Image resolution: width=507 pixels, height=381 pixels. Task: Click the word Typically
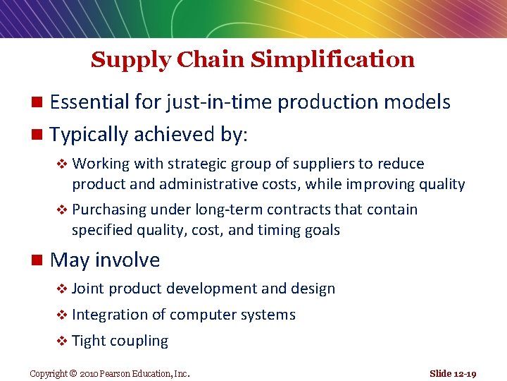(89, 134)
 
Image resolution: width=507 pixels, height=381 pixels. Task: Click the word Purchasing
(109, 210)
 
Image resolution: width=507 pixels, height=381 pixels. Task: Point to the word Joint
(88, 289)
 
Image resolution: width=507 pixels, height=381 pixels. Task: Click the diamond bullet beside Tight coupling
(62, 341)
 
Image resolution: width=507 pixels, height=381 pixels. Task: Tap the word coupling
(139, 341)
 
